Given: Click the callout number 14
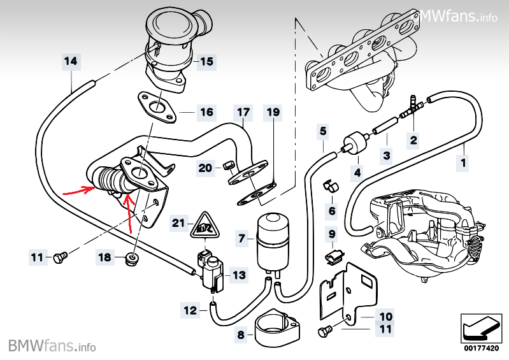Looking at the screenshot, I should [71, 62].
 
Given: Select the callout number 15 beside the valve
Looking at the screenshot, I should [206, 62].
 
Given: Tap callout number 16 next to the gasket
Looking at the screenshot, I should [206, 112].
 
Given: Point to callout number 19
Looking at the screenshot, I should [273, 113].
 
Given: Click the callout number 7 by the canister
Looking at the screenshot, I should [242, 239].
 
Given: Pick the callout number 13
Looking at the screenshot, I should [239, 275].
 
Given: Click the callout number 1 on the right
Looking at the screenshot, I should [463, 163].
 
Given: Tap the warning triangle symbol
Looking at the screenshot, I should [204, 224].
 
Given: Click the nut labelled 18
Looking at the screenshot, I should [133, 258].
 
